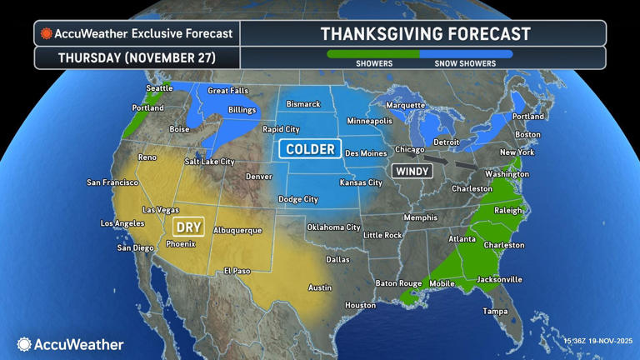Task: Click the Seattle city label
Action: [159, 88]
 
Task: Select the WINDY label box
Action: [412, 171]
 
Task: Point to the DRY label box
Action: [187, 226]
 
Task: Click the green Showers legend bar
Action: [373, 54]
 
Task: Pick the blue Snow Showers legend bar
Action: [466, 54]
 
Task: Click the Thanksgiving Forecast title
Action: [425, 34]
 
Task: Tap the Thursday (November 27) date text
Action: [137, 58]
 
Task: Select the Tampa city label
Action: [496, 311]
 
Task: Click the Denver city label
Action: [258, 177]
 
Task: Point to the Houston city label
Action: [361, 305]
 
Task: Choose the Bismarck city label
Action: [303, 104]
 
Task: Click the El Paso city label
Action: [237, 271]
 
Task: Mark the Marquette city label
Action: [406, 106]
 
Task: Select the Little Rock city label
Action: [382, 235]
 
